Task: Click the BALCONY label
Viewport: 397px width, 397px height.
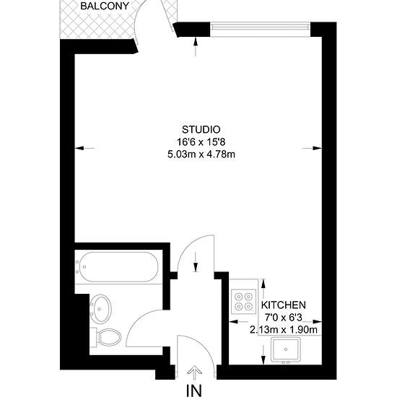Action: [x=105, y=6]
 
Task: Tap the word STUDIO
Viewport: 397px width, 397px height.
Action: [x=201, y=130]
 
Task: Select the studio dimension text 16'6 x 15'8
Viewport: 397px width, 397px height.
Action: [x=201, y=142]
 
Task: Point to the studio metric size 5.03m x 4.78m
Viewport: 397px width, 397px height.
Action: [x=201, y=154]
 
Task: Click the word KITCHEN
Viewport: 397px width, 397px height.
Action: [x=284, y=305]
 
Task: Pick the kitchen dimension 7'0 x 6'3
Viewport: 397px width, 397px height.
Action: [x=284, y=318]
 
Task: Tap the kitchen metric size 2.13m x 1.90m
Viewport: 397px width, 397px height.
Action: [x=284, y=330]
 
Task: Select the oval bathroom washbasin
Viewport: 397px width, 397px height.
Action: [x=101, y=309]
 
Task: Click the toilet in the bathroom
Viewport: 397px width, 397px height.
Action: [x=106, y=337]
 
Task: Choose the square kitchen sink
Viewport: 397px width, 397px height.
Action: [x=286, y=349]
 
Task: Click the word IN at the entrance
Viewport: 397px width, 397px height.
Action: [x=194, y=391]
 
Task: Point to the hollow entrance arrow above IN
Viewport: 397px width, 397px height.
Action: [x=194, y=372]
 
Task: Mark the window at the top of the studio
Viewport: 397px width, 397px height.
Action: [x=261, y=30]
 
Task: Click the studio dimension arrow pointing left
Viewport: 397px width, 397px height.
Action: [x=85, y=148]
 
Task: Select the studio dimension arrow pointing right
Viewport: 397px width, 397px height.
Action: [x=312, y=148]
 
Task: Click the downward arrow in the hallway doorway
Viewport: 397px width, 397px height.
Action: [x=196, y=262]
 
